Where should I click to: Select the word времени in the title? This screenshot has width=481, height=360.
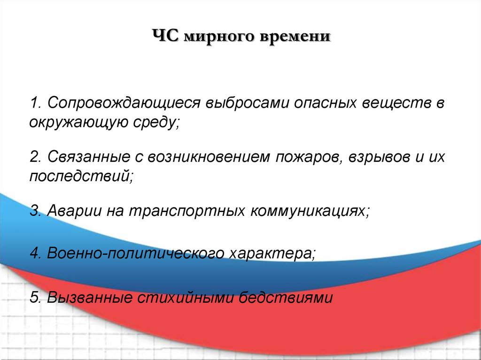(x=295, y=37)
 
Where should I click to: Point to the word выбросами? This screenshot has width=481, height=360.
(x=247, y=103)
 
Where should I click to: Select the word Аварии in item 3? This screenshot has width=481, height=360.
(x=74, y=211)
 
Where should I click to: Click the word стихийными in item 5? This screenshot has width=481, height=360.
(x=185, y=298)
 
